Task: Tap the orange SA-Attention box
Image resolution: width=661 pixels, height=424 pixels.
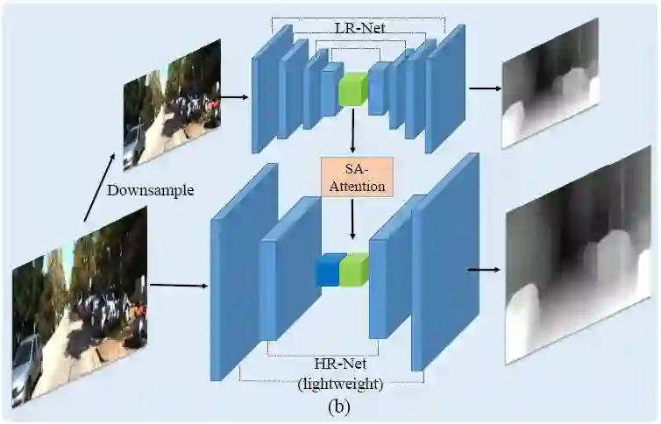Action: click(x=352, y=177)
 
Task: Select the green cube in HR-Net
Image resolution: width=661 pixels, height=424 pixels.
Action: click(x=354, y=270)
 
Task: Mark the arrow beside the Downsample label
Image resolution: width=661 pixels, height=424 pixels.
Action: click(x=98, y=187)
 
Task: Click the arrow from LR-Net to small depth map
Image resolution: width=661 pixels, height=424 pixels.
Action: click(x=485, y=88)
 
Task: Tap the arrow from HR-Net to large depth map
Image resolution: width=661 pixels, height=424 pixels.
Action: click(x=484, y=269)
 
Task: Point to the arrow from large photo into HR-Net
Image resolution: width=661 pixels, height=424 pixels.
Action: click(x=179, y=285)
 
